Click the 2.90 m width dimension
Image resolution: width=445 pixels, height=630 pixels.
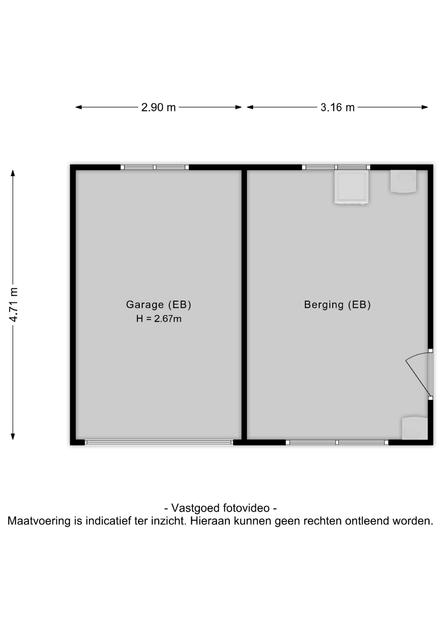pos(159,107)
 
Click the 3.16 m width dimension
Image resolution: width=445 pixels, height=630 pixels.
pos(338,107)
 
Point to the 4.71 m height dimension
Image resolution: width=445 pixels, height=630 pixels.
pos(13,304)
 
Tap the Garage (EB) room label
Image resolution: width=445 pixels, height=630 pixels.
pos(159,304)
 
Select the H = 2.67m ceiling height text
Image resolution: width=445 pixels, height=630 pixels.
pos(159,319)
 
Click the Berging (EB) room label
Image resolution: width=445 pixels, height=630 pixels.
pos(337,305)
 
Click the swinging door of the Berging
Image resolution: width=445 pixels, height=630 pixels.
pos(418,374)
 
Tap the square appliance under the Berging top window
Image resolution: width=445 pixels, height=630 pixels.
pos(351,187)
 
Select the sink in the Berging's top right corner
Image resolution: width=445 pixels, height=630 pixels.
pos(403,181)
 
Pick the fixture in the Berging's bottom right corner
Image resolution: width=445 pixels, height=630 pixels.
pos(415,428)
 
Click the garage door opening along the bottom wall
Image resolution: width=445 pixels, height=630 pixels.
pos(159,442)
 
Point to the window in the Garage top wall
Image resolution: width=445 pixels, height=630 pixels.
pos(155,167)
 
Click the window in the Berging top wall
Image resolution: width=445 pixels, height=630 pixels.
pos(336,167)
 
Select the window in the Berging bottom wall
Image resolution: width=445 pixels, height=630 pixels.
pos(337,442)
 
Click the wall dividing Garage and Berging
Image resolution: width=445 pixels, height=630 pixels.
pos(244,304)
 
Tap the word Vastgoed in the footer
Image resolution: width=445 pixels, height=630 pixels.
pos(196,508)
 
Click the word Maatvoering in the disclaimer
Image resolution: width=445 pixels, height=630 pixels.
pos(39,521)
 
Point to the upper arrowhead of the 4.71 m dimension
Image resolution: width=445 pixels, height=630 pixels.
pos(13,173)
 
